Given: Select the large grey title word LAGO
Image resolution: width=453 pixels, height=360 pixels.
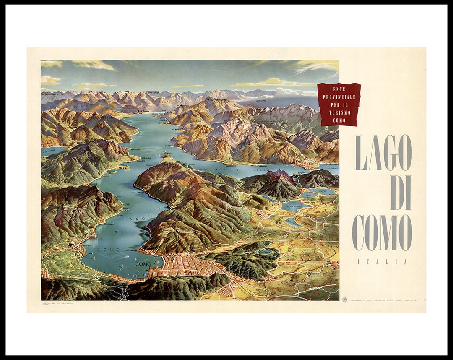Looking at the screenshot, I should click(383, 153).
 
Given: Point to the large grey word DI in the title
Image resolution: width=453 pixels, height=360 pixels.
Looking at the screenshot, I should click(401, 193).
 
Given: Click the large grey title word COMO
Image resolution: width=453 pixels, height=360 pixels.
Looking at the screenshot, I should click(382, 233).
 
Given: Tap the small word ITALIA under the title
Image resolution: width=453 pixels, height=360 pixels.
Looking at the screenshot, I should click(382, 262).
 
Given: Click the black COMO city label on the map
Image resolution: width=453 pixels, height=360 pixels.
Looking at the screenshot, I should click(143, 264).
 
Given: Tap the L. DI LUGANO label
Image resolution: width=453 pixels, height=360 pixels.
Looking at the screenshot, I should click(49, 150).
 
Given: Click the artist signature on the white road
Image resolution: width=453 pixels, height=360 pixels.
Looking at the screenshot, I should click(315, 289).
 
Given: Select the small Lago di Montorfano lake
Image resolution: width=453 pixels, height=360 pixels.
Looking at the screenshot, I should click(265, 252).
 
